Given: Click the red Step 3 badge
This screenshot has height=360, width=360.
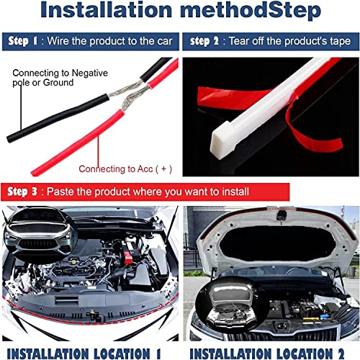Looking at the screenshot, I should coord(22,192).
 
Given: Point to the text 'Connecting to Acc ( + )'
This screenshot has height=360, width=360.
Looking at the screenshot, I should coord(125,169).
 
